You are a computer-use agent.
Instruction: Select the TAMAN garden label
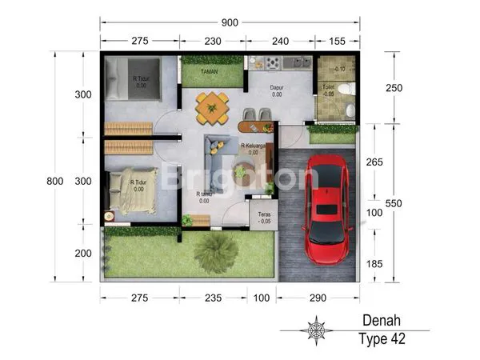210,70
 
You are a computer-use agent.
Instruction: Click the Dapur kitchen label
276,88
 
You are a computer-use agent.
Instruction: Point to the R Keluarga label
253,146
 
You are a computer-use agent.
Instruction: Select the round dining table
211,108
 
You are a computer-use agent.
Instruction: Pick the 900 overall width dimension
230,22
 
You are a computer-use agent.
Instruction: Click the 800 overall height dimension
55,182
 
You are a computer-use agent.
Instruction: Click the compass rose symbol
318,330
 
